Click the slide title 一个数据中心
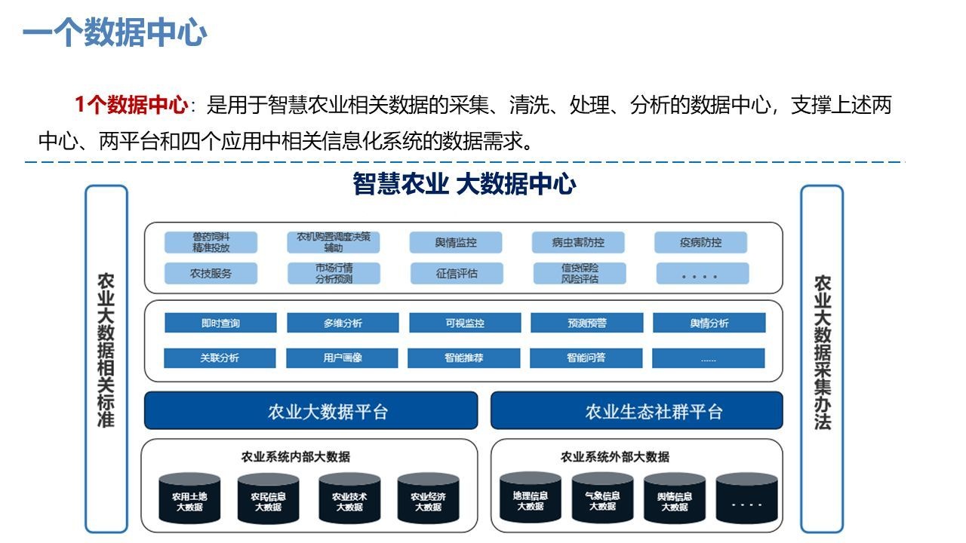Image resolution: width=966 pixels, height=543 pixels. click(115, 33)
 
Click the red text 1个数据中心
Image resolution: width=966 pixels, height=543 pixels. click(131, 105)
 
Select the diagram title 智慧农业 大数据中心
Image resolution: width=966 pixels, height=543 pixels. click(464, 185)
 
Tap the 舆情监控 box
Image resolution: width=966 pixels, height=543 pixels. click(456, 243)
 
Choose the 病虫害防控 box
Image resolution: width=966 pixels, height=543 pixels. click(578, 243)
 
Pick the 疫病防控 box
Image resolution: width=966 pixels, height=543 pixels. click(700, 243)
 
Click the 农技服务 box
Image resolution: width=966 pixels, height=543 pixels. click(211, 273)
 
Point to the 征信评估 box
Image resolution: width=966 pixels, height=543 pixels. click(457, 273)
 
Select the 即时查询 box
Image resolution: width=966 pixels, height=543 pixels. click(220, 323)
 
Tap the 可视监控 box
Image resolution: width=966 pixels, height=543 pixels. click(465, 323)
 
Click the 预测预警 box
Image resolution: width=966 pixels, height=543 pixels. click(587, 323)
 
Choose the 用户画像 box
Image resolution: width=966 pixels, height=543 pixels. click(342, 357)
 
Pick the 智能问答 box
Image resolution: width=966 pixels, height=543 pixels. click(586, 357)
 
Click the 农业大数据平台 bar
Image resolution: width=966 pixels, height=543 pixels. click(311, 411)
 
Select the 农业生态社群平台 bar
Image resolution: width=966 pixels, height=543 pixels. click(637, 411)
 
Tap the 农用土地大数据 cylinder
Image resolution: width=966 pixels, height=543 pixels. click(189, 499)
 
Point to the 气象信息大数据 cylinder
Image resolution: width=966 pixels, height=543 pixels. click(602, 499)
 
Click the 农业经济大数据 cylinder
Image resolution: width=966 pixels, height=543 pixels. click(428, 499)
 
